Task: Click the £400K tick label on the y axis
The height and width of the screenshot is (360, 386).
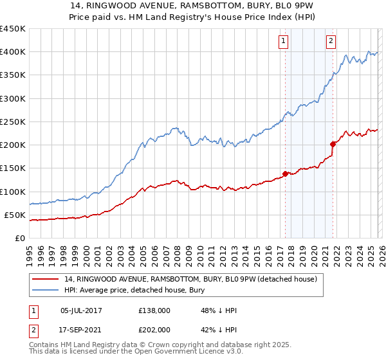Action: click(13, 52)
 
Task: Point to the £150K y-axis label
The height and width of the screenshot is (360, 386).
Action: click(13, 168)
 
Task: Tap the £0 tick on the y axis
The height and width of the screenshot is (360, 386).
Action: click(20, 239)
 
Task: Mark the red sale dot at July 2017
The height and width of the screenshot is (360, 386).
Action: click(285, 174)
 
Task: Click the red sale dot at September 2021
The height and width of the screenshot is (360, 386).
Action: click(333, 144)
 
